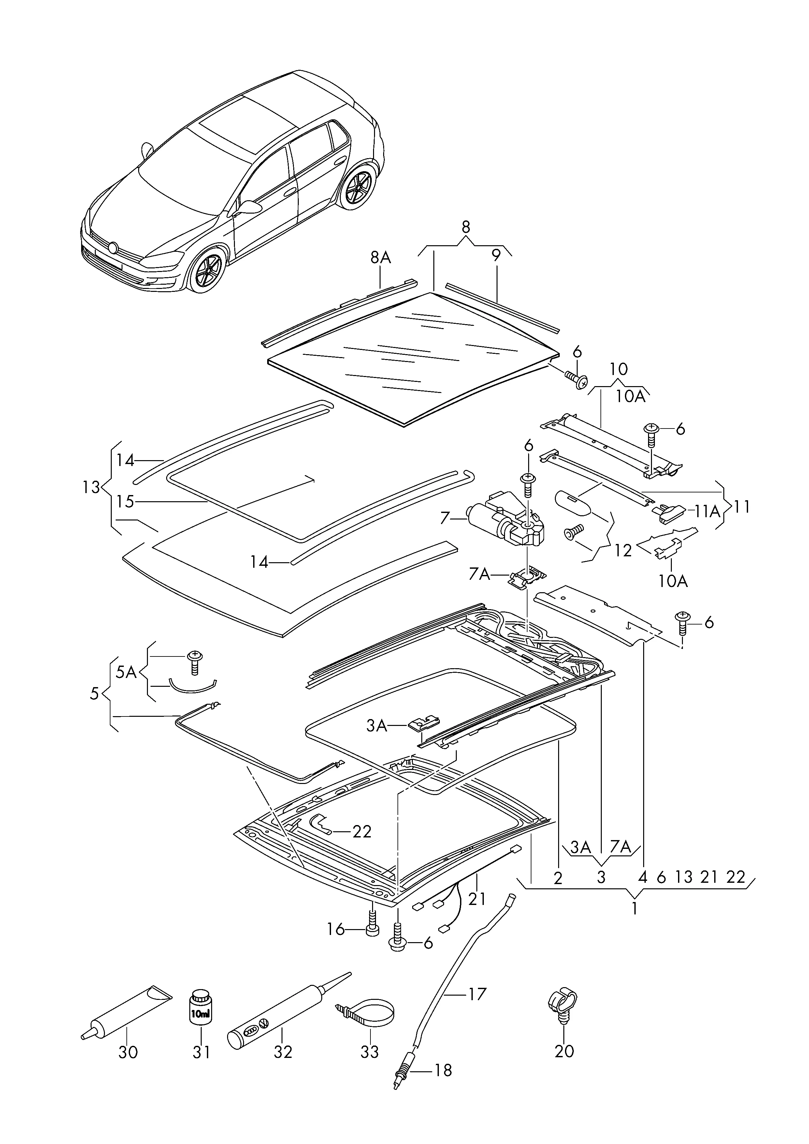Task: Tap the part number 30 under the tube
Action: pyautogui.click(x=128, y=1052)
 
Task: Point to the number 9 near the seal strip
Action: pyautogui.click(x=496, y=256)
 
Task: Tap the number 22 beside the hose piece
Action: pyautogui.click(x=362, y=832)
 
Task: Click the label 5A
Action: pyautogui.click(x=126, y=672)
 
